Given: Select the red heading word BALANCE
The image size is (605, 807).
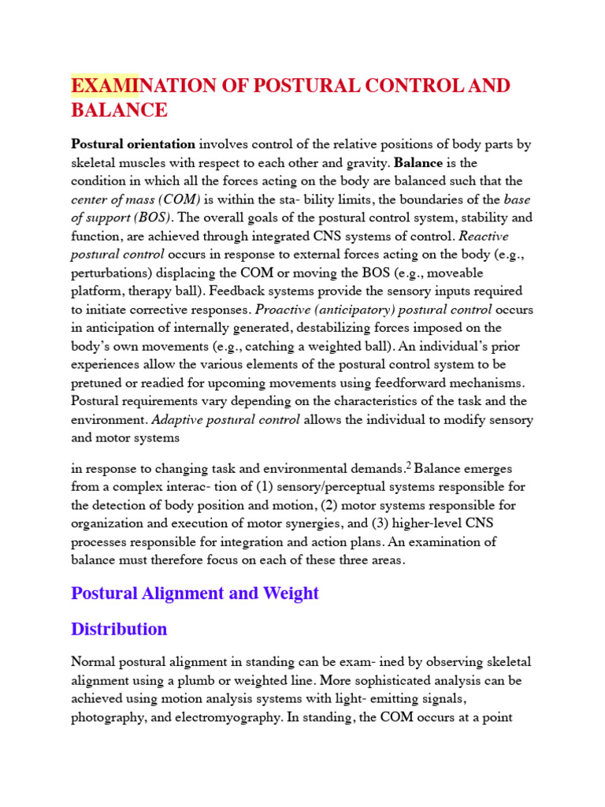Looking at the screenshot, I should (119, 110).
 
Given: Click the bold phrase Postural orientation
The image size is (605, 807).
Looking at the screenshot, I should (133, 144).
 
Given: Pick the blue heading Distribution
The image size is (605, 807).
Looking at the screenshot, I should (119, 629).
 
